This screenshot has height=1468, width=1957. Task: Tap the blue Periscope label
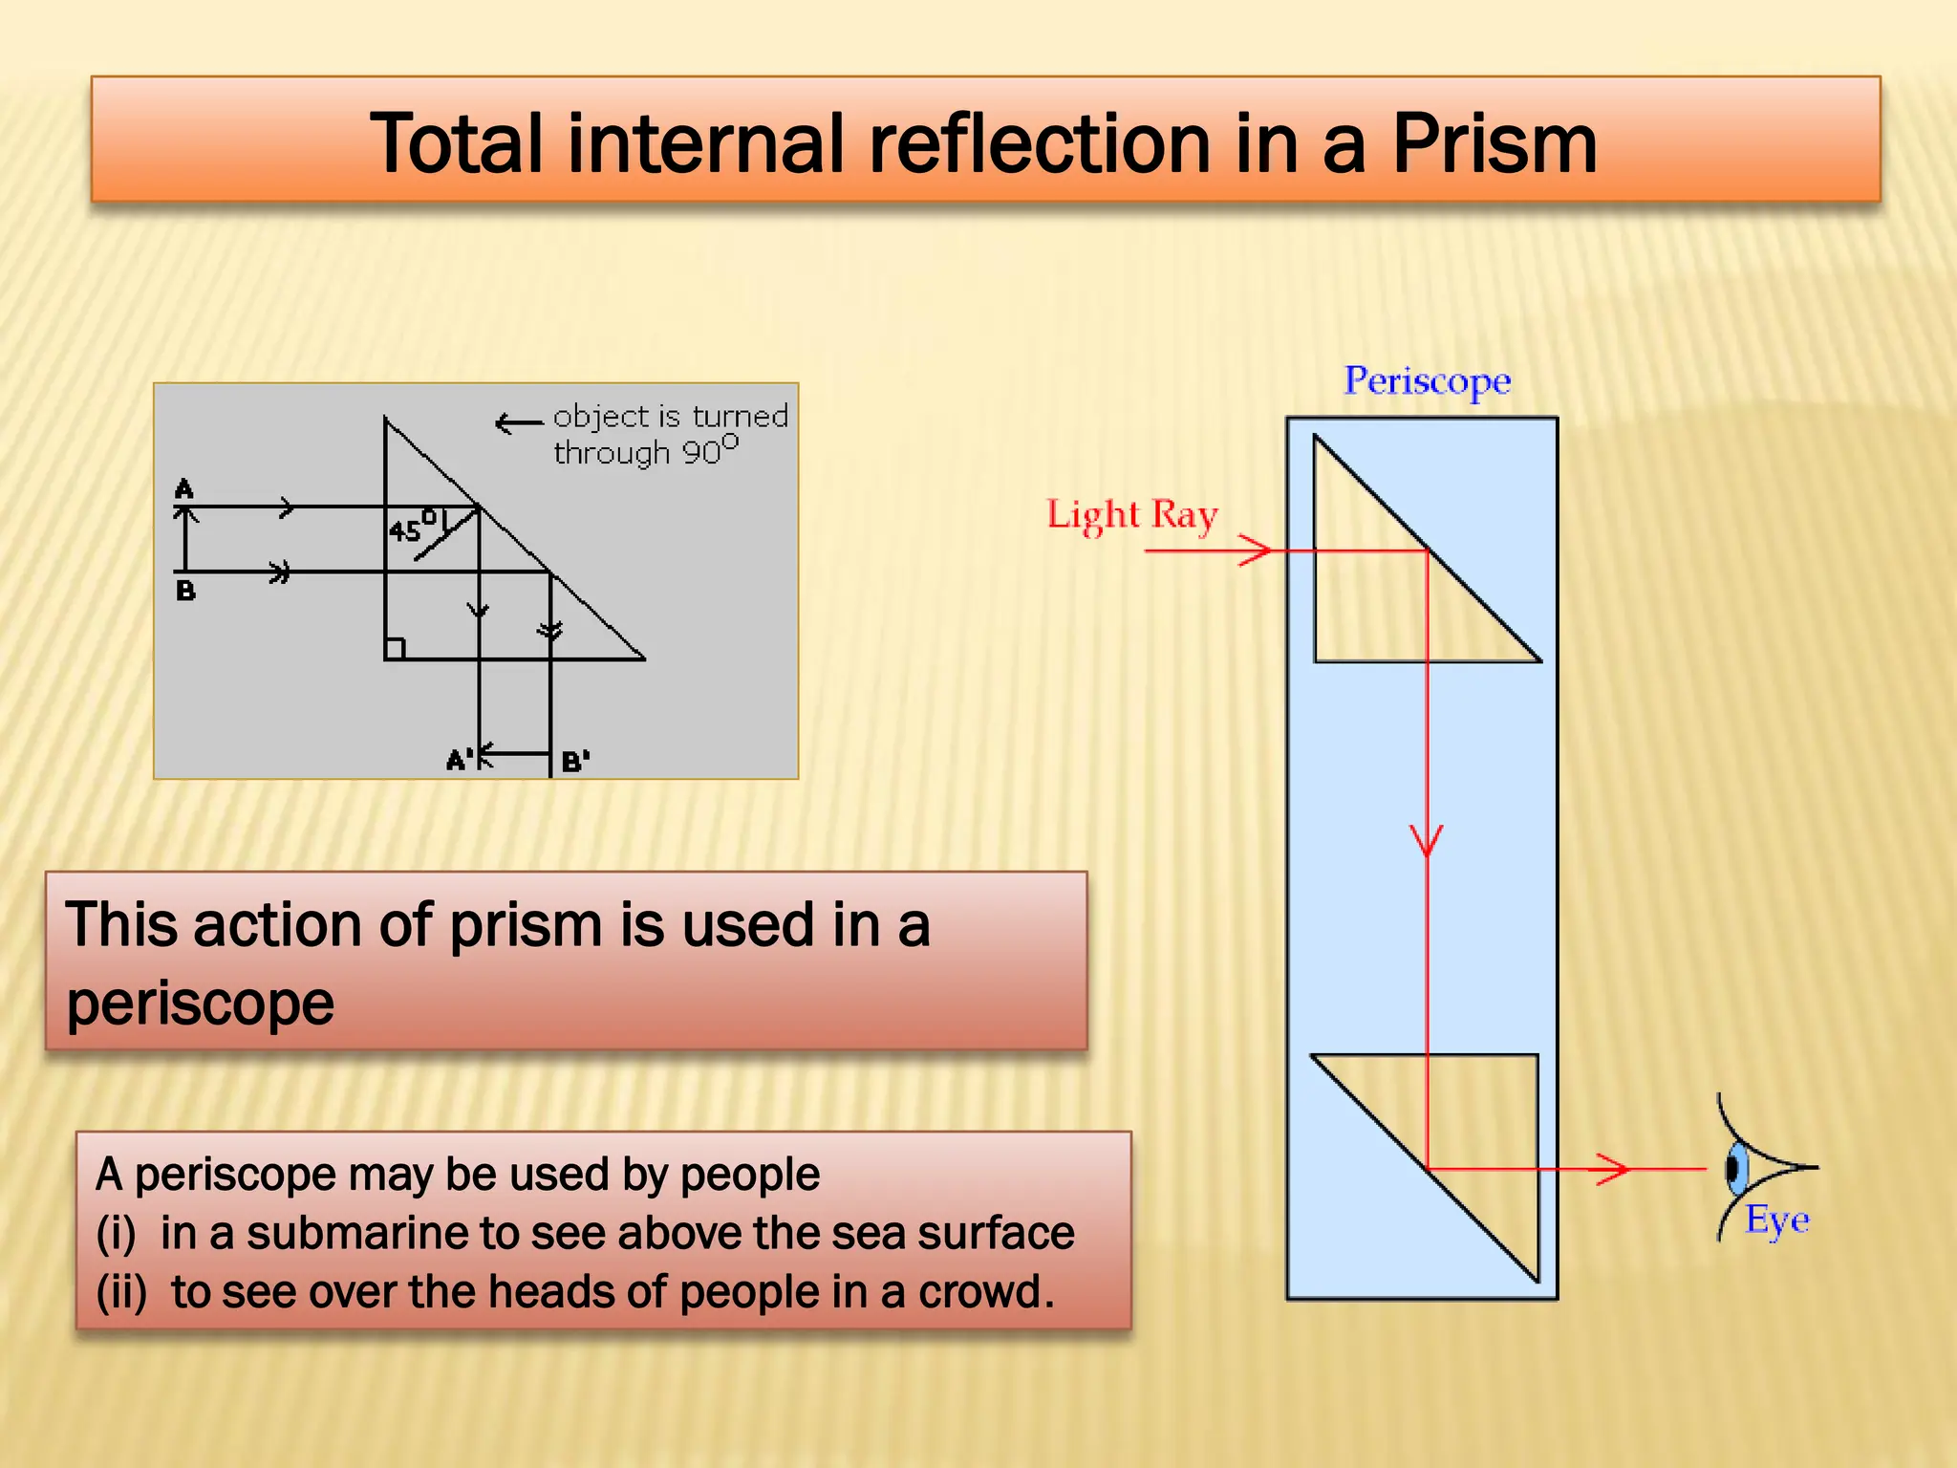1427,381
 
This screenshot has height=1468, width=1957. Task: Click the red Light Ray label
1132,515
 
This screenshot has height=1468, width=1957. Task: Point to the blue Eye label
1777,1220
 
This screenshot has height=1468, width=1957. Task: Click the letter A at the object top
184,489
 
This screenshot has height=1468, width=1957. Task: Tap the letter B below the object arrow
185,591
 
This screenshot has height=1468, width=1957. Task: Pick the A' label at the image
459,761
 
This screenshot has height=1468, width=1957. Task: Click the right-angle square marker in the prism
395,649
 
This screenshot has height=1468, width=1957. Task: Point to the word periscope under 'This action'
201,1004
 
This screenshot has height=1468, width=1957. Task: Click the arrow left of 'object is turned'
519,422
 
